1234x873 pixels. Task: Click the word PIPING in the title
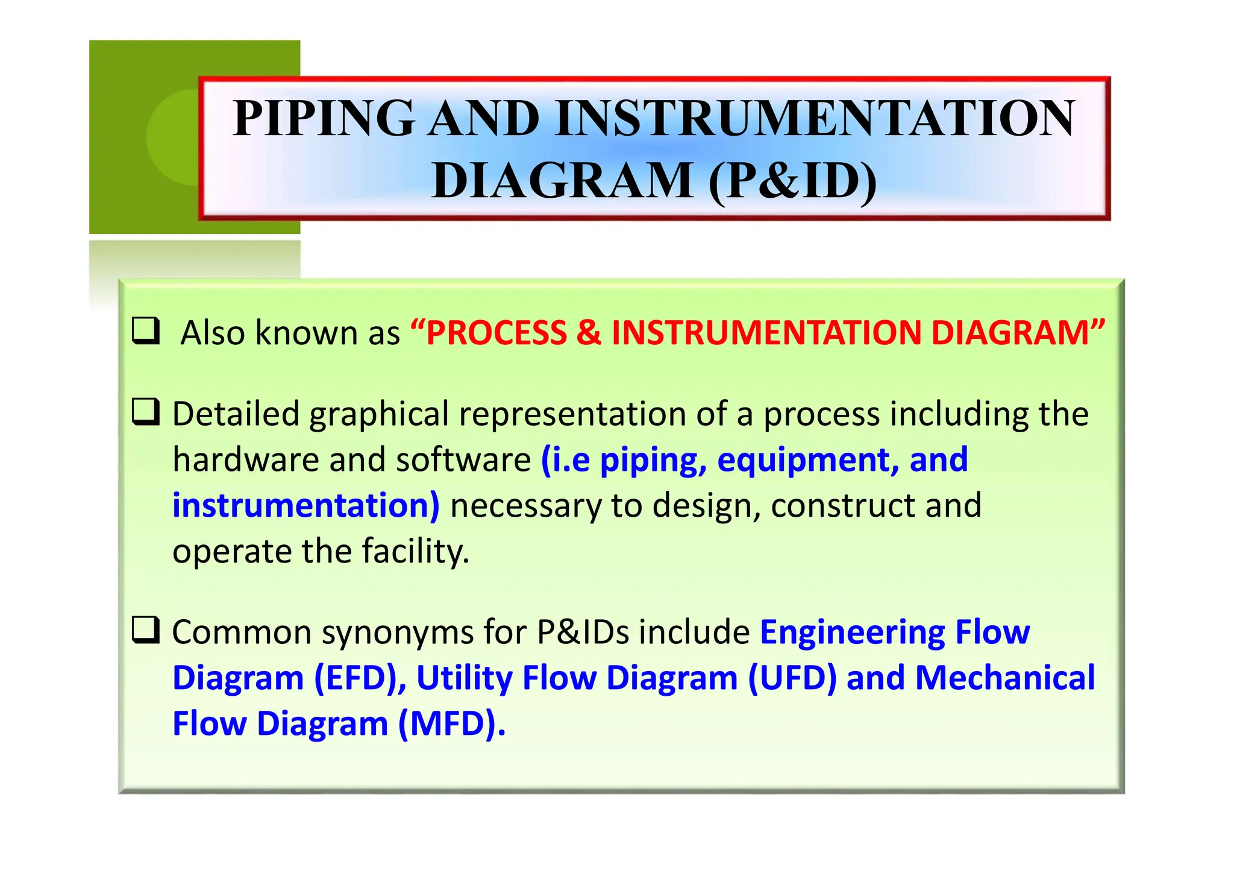coord(324,118)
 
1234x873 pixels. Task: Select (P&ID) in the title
coord(792,181)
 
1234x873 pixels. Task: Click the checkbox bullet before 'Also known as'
coord(146,330)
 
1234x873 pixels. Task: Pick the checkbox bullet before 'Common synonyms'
coord(146,630)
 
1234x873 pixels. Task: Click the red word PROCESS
coord(496,333)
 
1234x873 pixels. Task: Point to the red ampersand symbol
coord(589,333)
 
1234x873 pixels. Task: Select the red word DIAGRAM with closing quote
coord(1018,333)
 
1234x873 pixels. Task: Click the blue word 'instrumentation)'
coord(306,506)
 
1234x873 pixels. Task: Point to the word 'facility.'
coord(415,552)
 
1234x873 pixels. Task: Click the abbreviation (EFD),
coord(360,678)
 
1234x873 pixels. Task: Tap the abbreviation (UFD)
coord(792,678)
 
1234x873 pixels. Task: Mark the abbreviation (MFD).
coord(451,724)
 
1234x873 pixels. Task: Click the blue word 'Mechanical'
coord(1004,678)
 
